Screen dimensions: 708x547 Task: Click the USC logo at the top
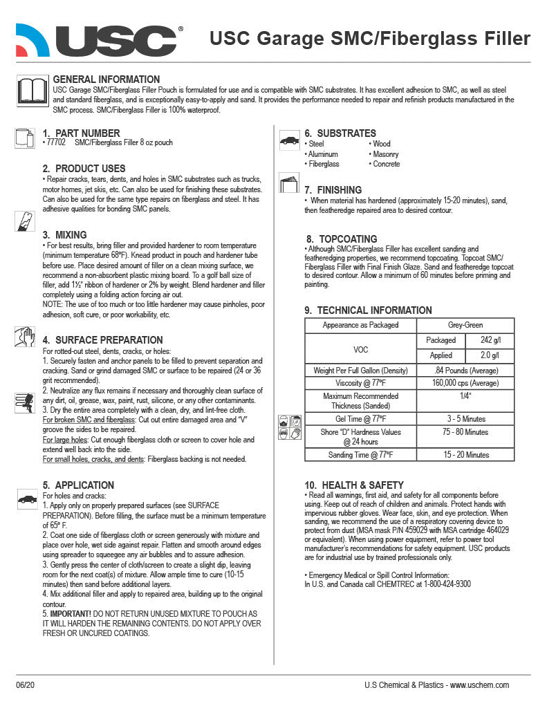pos(100,39)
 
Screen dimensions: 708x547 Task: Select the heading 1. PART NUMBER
pos(81,133)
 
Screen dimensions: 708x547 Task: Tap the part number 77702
pos(55,142)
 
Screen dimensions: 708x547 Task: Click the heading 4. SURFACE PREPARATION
pos(102,339)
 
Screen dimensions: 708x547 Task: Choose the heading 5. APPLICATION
pos(78,485)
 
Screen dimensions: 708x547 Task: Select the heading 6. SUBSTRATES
pos(341,133)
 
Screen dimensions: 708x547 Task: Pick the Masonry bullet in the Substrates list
pos(385,154)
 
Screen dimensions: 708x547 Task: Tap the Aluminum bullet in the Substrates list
pos(323,154)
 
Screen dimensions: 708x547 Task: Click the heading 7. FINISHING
pos(333,189)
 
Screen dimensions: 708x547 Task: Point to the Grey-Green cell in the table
pos(465,325)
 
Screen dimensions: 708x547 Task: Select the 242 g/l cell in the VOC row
pos(490,340)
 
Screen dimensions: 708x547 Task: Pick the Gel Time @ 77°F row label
pos(360,419)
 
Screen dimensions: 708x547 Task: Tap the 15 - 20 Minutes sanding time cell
pos(465,455)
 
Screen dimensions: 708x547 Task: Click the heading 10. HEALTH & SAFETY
pos(354,485)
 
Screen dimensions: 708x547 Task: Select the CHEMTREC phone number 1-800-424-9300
pos(438,584)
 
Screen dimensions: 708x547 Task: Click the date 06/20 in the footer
pos(25,685)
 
